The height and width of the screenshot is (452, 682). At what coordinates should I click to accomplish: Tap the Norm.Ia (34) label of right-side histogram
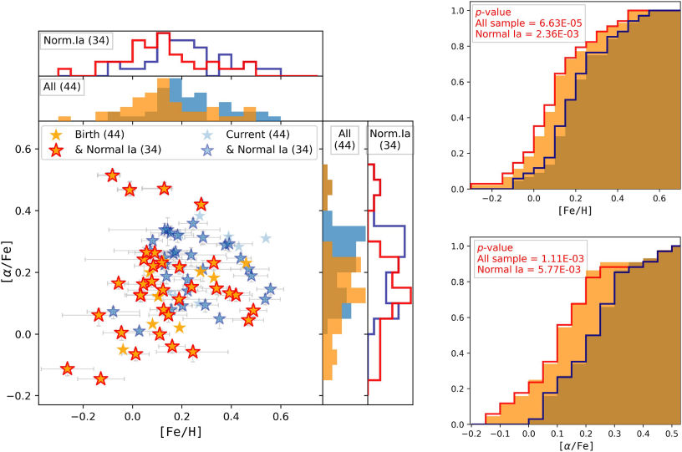(x=389, y=139)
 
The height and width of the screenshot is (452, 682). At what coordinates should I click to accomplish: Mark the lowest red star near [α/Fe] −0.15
(x=101, y=378)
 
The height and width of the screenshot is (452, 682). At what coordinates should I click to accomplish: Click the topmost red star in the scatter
(x=113, y=175)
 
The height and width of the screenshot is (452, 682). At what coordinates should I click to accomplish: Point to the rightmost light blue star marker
(x=266, y=238)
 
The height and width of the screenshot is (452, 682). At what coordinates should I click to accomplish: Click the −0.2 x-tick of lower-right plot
(x=471, y=435)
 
